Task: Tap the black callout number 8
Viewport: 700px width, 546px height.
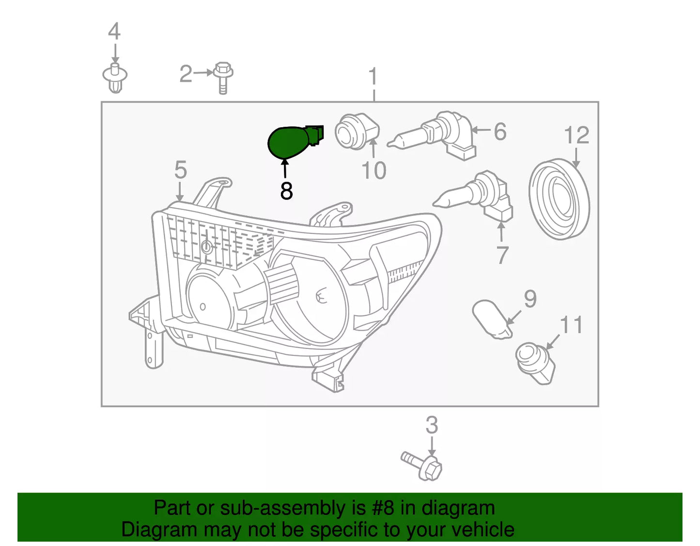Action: click(286, 191)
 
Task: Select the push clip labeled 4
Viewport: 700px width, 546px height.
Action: click(115, 77)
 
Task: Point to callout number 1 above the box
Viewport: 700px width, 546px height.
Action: click(373, 76)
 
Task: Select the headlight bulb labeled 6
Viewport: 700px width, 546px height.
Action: click(436, 133)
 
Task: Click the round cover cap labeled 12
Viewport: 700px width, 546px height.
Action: click(559, 199)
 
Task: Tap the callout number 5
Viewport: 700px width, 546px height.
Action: click(181, 170)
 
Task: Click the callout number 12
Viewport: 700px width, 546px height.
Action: click(576, 136)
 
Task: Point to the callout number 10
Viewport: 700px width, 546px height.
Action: click(374, 170)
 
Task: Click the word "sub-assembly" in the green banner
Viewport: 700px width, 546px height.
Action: click(282, 508)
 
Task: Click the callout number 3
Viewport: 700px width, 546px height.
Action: click(432, 425)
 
